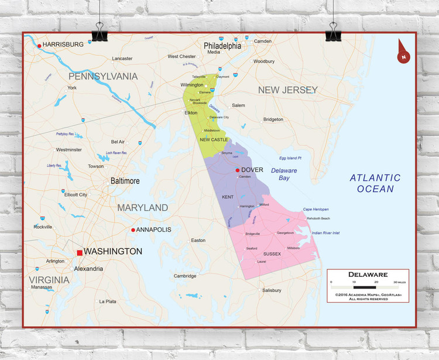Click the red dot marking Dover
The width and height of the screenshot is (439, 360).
point(237,170)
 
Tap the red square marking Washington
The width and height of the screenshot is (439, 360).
point(80,252)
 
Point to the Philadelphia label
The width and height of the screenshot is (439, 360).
point(222,45)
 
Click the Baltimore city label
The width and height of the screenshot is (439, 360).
point(125,181)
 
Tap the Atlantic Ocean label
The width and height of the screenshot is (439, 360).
point(375,183)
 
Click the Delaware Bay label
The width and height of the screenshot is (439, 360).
point(284,174)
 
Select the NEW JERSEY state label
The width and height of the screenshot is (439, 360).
point(288,90)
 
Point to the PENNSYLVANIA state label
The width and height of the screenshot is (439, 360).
point(103,76)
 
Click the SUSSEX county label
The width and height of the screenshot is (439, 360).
point(272,253)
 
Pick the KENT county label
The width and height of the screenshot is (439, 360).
point(228,197)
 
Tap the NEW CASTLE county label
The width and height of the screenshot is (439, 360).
point(214,140)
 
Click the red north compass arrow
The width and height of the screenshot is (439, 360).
point(403,52)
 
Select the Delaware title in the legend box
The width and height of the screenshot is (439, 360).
point(368,274)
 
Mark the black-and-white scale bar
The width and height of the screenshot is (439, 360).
point(368,287)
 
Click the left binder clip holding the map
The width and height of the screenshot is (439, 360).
point(99,29)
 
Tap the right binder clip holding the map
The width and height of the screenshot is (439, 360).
point(334,29)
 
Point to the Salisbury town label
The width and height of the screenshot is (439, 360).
point(272,290)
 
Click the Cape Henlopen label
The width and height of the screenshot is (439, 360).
point(315,209)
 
